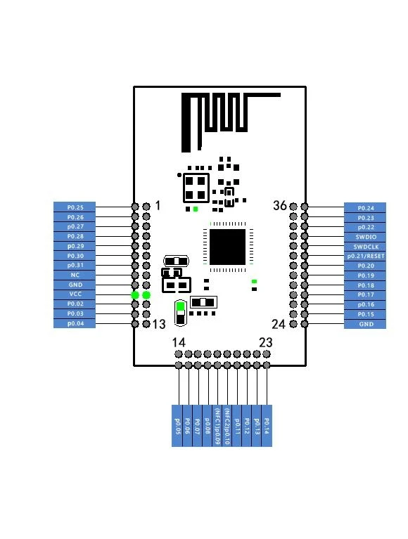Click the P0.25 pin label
click(75, 207)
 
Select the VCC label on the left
click(75, 294)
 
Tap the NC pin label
click(75, 275)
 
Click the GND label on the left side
click(75, 285)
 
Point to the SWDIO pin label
click(365, 238)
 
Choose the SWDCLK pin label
click(365, 247)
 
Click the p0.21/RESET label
click(365, 256)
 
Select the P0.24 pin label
click(365, 208)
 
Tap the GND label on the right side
click(365, 324)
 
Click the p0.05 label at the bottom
click(178, 425)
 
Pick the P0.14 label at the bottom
click(266, 425)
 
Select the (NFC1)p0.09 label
click(217, 425)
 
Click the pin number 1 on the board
click(158, 206)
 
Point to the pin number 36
click(280, 206)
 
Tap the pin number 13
click(160, 324)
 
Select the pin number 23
click(265, 343)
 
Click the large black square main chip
click(227, 246)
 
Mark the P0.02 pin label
click(75, 304)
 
